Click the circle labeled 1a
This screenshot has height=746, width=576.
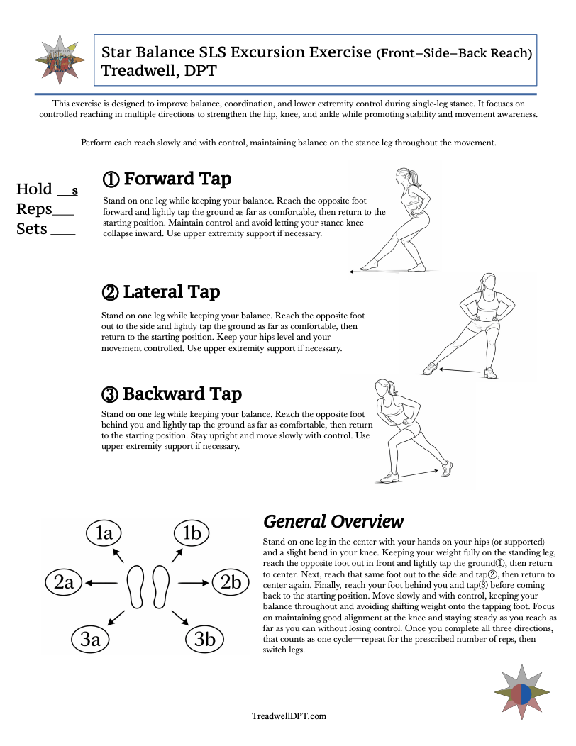(x=104, y=533)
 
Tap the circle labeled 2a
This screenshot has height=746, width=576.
(x=64, y=583)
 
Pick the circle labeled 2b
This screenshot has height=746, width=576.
(x=231, y=583)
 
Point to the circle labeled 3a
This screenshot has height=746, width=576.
(x=90, y=639)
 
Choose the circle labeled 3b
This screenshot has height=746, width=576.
(x=204, y=639)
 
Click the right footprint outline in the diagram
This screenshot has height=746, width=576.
(x=161, y=586)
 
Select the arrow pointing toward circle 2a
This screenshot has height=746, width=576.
(x=101, y=583)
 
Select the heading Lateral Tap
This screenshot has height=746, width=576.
(x=161, y=292)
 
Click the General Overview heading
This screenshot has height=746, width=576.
(x=333, y=522)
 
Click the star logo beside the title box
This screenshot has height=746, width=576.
(x=60, y=60)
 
